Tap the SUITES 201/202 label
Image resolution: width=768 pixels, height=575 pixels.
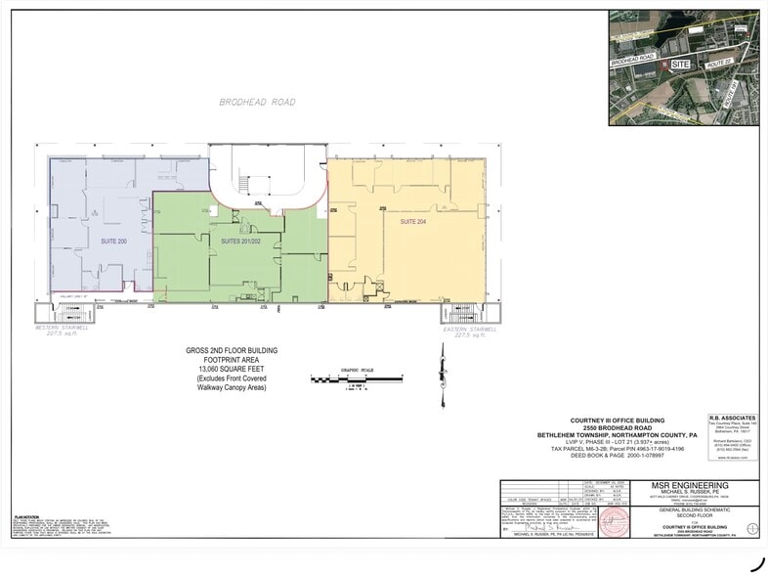(240, 241)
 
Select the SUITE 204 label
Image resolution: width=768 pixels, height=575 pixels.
(413, 222)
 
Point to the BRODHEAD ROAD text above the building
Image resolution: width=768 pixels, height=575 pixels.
(257, 102)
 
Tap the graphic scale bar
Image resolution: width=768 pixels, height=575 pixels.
(356, 377)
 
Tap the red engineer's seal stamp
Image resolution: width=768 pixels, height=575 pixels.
(613, 518)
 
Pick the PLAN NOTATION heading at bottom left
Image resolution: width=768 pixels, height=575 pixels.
(25, 515)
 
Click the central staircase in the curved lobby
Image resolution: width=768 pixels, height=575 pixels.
(243, 182)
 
